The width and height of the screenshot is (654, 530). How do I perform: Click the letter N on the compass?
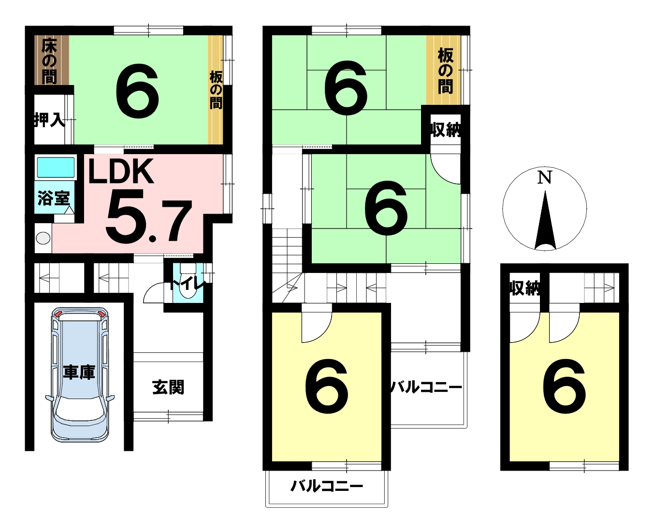pyautogui.click(x=544, y=177)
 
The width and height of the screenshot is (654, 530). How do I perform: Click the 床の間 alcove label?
pyautogui.click(x=49, y=61)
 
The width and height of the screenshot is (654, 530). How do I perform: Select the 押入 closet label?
pyautogui.click(x=50, y=120)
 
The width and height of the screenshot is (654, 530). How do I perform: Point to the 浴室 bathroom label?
pyautogui.click(x=54, y=198)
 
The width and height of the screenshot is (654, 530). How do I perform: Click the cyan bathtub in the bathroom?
pyautogui.click(x=56, y=167)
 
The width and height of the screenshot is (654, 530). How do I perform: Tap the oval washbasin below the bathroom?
pyautogui.click(x=43, y=238)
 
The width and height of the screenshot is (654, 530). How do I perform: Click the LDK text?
pyautogui.click(x=121, y=171)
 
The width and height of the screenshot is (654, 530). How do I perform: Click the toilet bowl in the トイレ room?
pyautogui.click(x=188, y=284)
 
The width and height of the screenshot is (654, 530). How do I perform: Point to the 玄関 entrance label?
pyautogui.click(x=168, y=387)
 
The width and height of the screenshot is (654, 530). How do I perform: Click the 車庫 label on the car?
pyautogui.click(x=79, y=372)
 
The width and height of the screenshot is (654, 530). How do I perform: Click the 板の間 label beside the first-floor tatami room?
pyautogui.click(x=216, y=90)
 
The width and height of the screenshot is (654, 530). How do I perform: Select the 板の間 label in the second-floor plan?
pyautogui.click(x=445, y=71)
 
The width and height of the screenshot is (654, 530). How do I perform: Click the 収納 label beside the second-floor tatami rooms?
pyautogui.click(x=446, y=129)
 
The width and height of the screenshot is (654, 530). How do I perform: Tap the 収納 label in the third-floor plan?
pyautogui.click(x=524, y=288)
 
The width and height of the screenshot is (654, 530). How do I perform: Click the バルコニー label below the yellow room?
pyautogui.click(x=327, y=486)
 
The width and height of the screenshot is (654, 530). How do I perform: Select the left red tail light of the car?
pyautogui.click(x=58, y=314)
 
